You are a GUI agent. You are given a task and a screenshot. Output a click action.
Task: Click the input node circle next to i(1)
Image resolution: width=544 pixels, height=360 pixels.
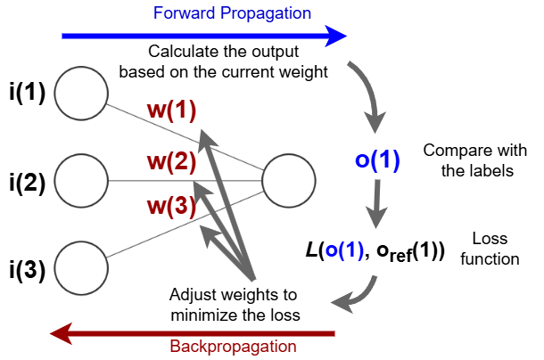tap(81, 92)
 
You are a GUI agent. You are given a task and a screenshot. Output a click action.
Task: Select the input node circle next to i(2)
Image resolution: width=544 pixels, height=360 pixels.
tap(81, 182)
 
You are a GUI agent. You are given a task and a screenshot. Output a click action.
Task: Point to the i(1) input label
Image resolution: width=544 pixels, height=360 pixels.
tap(28, 92)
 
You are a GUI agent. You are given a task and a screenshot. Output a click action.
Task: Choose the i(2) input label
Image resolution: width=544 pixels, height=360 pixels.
tap(28, 183)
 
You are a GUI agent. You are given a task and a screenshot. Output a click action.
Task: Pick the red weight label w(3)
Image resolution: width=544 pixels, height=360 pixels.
tap(171, 207)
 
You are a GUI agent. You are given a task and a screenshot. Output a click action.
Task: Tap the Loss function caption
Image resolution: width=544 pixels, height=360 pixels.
tap(490, 250)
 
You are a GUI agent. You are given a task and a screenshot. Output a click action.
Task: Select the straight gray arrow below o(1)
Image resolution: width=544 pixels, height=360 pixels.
tap(377, 204)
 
